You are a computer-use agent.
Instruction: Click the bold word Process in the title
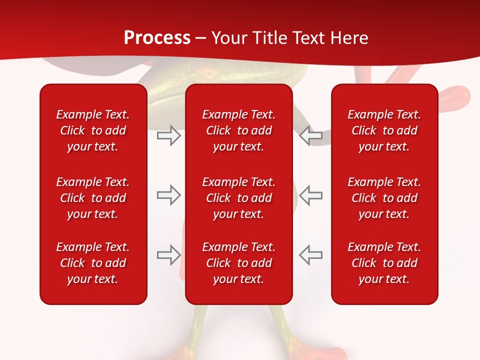tap(157, 38)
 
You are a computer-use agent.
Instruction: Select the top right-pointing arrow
tap(168, 135)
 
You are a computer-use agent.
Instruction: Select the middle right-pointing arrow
tap(168, 195)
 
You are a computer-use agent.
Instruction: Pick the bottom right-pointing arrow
tap(168, 255)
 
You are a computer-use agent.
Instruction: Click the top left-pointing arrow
tap(311, 135)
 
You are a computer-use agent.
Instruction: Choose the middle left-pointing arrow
tap(311, 195)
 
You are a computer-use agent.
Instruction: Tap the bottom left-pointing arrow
tap(311, 255)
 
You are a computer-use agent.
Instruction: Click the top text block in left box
tap(93, 130)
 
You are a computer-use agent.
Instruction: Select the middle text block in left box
tap(93, 198)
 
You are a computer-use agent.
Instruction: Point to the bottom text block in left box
tap(93, 263)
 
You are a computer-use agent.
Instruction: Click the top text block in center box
tap(239, 130)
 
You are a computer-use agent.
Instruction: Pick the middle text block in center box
tap(239, 198)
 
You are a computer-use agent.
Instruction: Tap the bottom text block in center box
tap(239, 263)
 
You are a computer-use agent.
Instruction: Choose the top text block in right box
tap(384, 130)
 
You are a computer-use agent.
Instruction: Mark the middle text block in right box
tap(384, 198)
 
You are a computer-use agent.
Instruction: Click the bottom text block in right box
tap(384, 263)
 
